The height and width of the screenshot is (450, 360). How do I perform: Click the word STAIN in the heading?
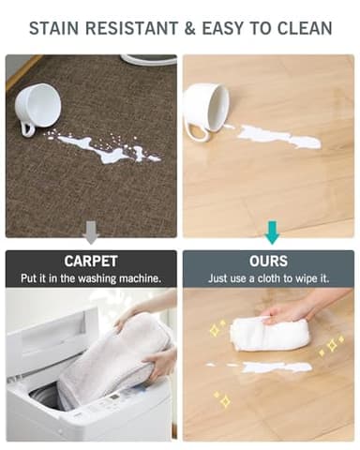click(57, 27)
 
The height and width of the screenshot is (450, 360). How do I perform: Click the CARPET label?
click(90, 260)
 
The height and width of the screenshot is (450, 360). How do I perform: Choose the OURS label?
click(270, 260)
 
